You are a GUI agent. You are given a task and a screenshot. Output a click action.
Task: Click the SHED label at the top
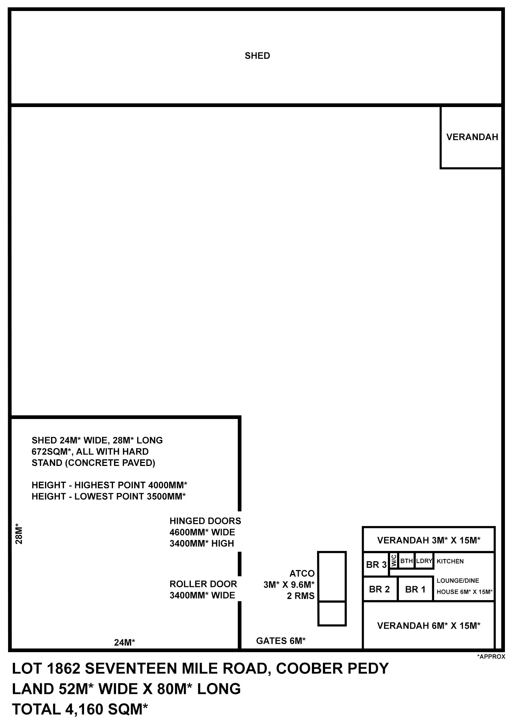[257, 56]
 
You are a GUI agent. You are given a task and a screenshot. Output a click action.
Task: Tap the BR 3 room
[376, 564]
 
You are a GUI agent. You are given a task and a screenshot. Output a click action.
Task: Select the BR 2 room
[380, 589]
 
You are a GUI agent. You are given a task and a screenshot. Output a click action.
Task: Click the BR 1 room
[415, 589]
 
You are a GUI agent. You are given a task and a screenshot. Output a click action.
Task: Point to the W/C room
[393, 561]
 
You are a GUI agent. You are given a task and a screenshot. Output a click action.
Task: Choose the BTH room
[407, 561]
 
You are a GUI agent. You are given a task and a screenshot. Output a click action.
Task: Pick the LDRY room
[424, 561]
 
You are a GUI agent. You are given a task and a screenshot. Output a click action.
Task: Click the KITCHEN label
[450, 561]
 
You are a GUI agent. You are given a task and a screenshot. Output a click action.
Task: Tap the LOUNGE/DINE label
[458, 580]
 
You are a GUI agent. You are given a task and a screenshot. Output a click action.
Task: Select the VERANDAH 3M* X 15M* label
[429, 540]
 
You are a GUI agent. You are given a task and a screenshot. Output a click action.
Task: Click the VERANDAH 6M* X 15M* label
[429, 625]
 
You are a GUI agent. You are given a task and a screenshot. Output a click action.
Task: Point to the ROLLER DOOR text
[203, 584]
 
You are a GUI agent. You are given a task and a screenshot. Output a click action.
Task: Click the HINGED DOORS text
[205, 521]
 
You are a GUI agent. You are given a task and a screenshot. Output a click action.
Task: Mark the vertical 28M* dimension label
[19, 535]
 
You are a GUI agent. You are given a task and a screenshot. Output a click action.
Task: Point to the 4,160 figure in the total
[84, 710]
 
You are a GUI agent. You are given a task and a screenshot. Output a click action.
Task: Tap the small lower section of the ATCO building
[332, 613]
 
